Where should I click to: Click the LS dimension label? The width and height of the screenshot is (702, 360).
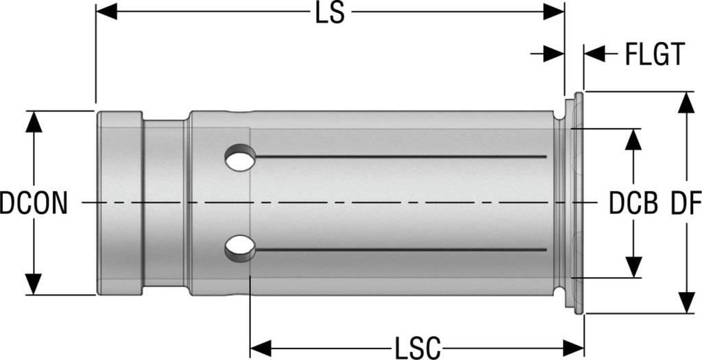[x=330, y=14]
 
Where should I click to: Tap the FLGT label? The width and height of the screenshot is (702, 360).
[x=654, y=53]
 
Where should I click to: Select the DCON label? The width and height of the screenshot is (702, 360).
[x=34, y=204]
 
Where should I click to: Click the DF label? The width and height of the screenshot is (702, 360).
[x=684, y=204]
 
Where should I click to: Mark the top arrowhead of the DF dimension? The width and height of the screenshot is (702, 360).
[x=684, y=103]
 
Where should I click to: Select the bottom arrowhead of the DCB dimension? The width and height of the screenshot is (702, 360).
[x=634, y=267]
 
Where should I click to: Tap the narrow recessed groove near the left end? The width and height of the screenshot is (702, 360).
[x=165, y=203]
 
